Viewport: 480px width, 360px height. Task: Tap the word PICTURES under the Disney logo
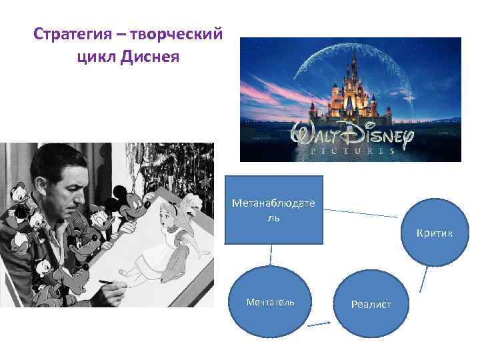click(351, 151)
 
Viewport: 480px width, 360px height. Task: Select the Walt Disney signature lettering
click(351, 135)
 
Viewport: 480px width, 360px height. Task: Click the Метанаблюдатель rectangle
click(273, 209)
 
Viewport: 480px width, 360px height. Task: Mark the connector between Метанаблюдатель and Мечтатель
click(271, 255)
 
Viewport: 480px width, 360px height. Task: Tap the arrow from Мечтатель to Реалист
click(320, 325)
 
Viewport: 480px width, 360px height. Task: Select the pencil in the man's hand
click(107, 283)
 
